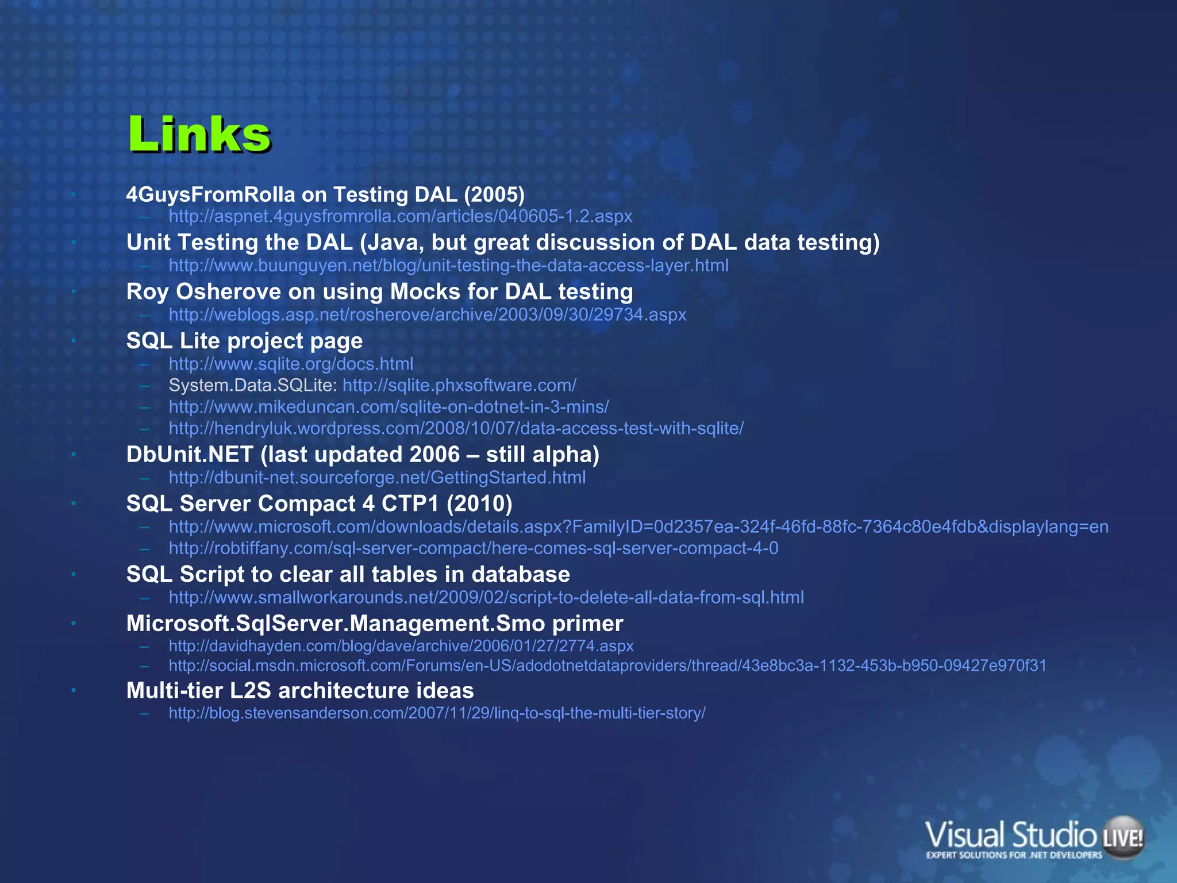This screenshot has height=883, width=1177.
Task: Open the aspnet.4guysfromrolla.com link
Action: click(x=400, y=216)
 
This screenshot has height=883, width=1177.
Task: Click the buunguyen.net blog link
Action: click(x=448, y=266)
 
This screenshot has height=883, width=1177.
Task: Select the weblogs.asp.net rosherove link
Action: click(x=428, y=315)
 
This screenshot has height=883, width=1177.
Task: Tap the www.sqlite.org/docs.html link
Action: click(x=291, y=364)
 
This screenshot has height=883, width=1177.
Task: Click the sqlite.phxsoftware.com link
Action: click(x=459, y=385)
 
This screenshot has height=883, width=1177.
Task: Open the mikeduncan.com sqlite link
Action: click(x=389, y=407)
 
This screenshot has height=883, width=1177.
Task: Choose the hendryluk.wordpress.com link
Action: click(x=456, y=428)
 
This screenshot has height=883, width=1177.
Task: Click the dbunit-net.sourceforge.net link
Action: click(x=377, y=478)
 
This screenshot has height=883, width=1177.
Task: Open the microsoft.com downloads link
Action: click(x=638, y=527)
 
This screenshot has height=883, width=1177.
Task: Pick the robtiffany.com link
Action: click(x=474, y=548)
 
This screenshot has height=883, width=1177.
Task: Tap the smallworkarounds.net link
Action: click(x=486, y=598)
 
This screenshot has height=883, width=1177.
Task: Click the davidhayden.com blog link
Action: click(x=401, y=646)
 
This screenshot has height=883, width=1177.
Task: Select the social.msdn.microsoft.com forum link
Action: click(x=607, y=666)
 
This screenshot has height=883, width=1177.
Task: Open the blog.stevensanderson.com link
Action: click(x=437, y=713)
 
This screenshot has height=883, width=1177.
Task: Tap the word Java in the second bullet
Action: click(x=396, y=243)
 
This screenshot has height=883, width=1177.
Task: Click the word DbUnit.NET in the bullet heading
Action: click(x=190, y=455)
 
